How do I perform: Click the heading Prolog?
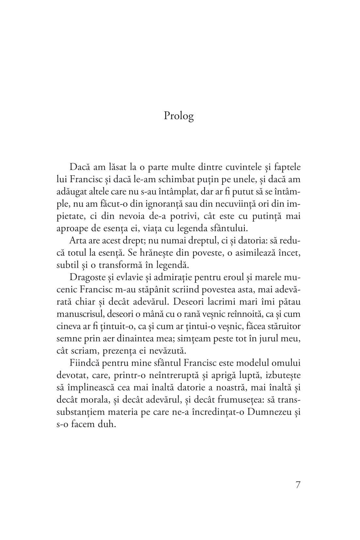(179, 116)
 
